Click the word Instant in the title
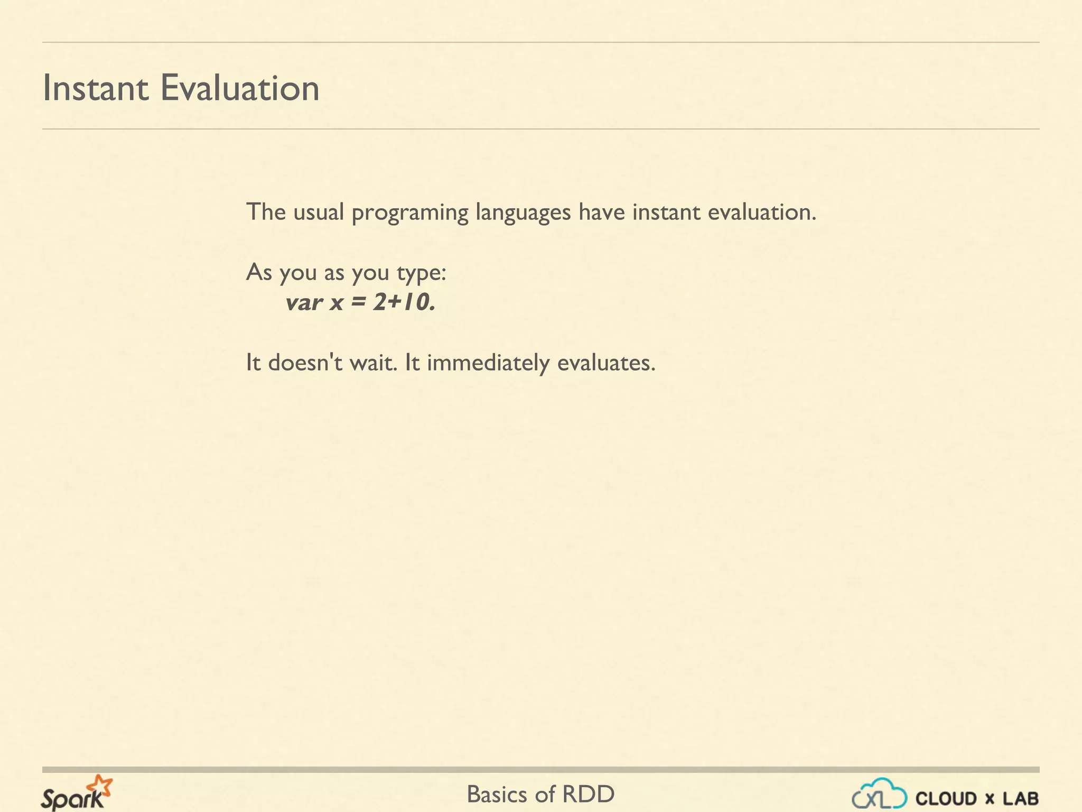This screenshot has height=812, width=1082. (96, 88)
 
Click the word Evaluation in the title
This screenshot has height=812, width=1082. (240, 88)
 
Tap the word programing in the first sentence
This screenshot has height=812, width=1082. (410, 213)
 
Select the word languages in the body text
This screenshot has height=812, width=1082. (523, 213)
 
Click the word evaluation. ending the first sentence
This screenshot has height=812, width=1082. (762, 213)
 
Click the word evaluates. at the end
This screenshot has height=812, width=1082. (607, 363)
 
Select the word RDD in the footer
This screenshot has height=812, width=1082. (589, 794)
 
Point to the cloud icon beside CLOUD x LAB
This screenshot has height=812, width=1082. (880, 793)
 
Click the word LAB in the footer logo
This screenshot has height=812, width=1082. (1021, 798)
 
